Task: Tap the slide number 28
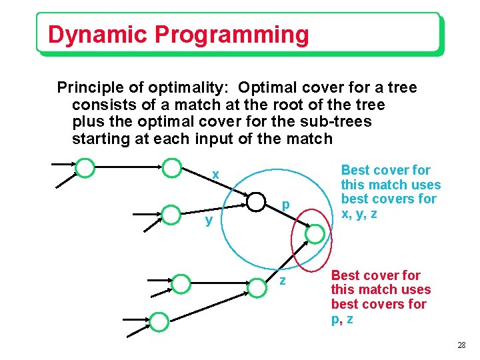click(461, 345)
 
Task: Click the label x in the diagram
click(215, 175)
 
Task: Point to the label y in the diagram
click(209, 220)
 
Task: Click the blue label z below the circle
click(283, 281)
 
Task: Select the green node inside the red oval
click(316, 233)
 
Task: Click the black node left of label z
click(257, 288)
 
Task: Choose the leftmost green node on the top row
click(85, 167)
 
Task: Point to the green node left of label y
click(171, 215)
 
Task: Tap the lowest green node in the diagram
click(159, 322)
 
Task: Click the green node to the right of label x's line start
click(172, 167)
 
